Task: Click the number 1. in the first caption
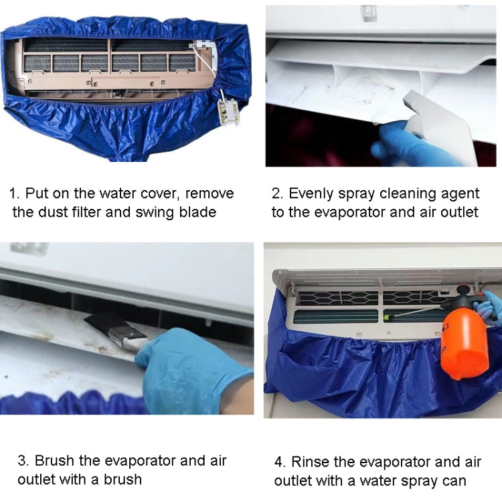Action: [14, 194]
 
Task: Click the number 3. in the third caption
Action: [23, 461]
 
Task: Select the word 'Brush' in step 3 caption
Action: [54, 461]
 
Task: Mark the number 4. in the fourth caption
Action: [280, 463]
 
